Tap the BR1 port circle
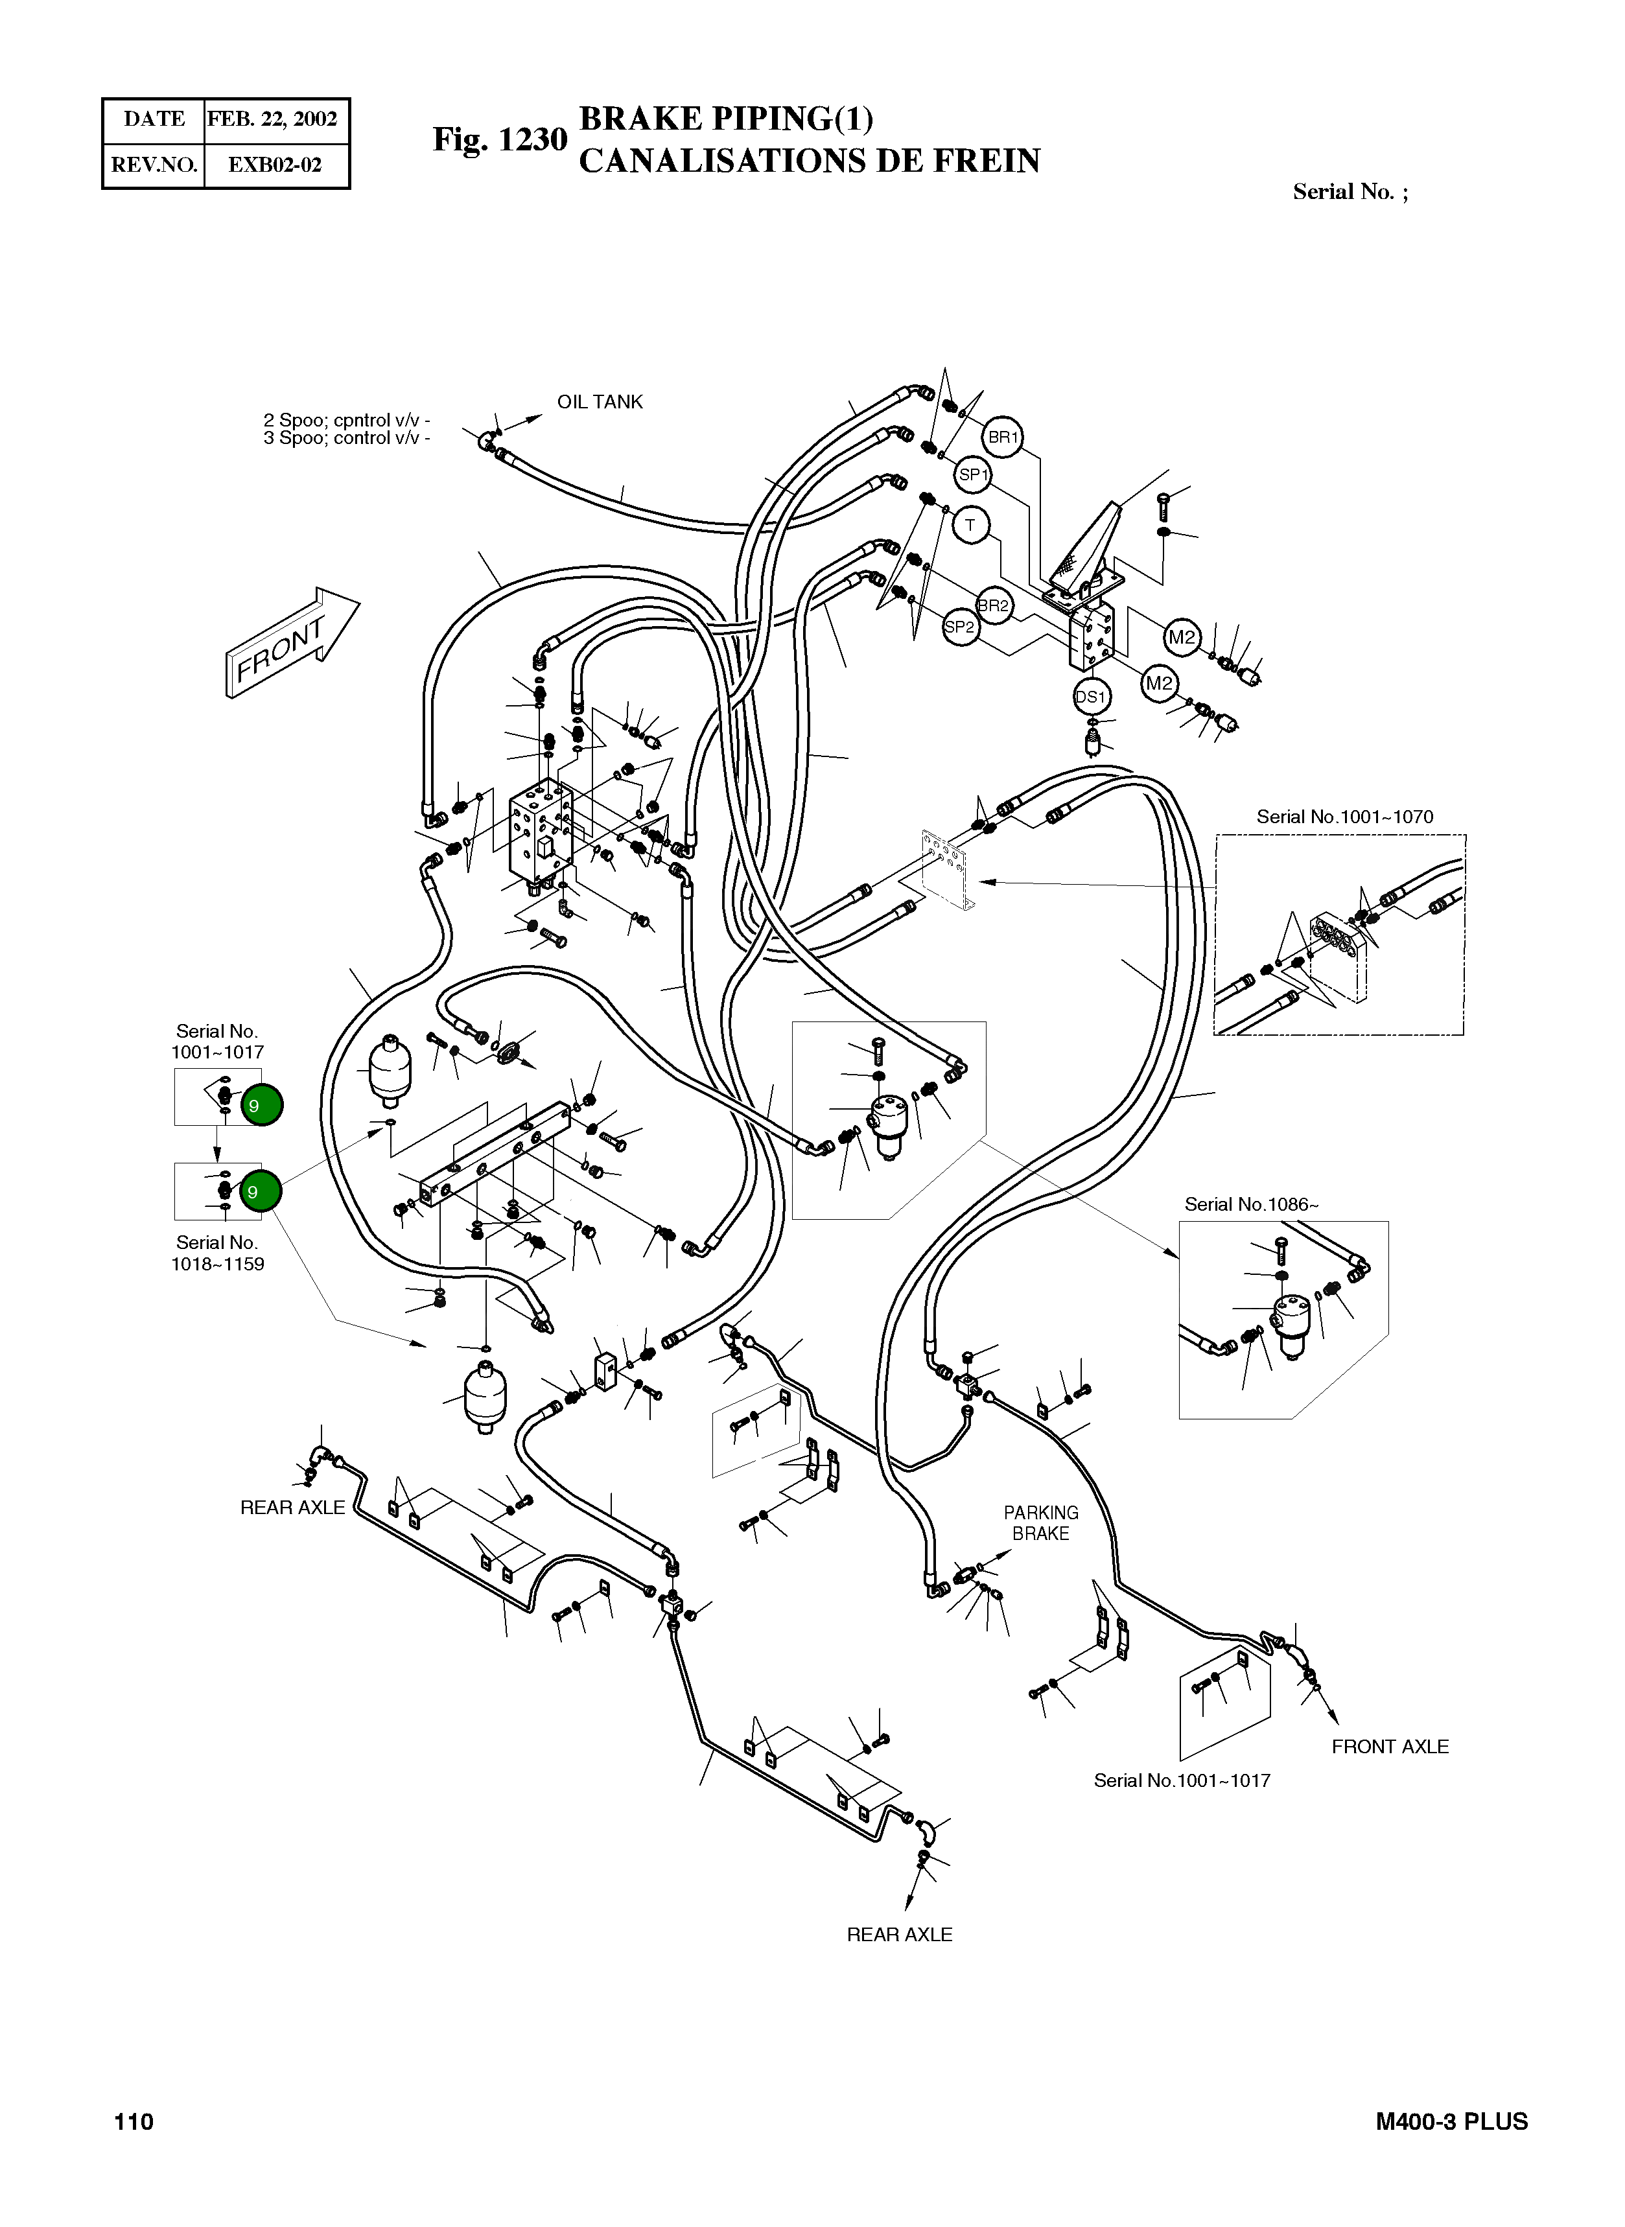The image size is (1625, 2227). point(1002,437)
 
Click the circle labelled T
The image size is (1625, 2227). point(970,525)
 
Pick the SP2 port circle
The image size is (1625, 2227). point(960,627)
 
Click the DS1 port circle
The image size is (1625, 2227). point(1090,697)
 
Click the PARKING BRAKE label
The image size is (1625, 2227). point(1041,1522)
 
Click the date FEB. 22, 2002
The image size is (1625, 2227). point(272,119)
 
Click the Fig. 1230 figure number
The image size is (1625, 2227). point(500,140)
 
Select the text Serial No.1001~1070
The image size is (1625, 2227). point(1344,817)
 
